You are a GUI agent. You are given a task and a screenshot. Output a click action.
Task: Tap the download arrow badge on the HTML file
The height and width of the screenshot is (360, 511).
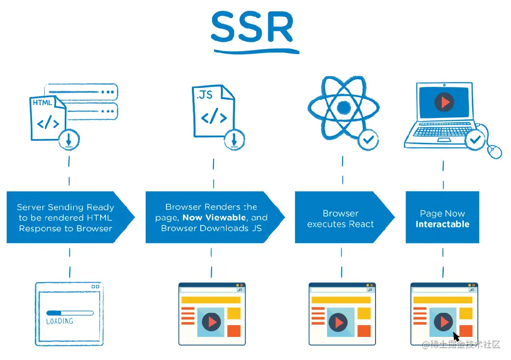69,140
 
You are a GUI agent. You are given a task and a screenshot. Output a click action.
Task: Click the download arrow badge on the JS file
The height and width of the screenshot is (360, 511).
234,140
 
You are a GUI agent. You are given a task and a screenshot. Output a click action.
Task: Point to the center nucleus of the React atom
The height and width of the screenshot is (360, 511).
344,107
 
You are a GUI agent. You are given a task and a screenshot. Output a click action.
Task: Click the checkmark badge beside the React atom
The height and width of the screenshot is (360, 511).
368,140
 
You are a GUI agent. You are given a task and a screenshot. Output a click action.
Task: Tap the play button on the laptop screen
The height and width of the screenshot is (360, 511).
444,102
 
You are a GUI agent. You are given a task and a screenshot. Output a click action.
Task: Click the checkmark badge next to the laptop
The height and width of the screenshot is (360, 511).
475,140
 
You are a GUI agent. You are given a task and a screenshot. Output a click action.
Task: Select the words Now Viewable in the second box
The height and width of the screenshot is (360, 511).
214,218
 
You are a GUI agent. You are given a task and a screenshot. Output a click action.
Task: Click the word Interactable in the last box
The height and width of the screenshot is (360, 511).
442,224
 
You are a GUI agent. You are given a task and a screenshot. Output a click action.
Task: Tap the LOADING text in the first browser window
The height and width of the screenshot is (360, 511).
59,321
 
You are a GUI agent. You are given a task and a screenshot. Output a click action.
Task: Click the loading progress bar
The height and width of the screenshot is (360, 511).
70,312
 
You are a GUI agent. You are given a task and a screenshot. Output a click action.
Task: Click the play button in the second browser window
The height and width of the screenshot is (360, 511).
212,322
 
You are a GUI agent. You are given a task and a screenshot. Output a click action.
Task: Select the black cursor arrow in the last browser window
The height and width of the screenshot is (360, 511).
456,336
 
